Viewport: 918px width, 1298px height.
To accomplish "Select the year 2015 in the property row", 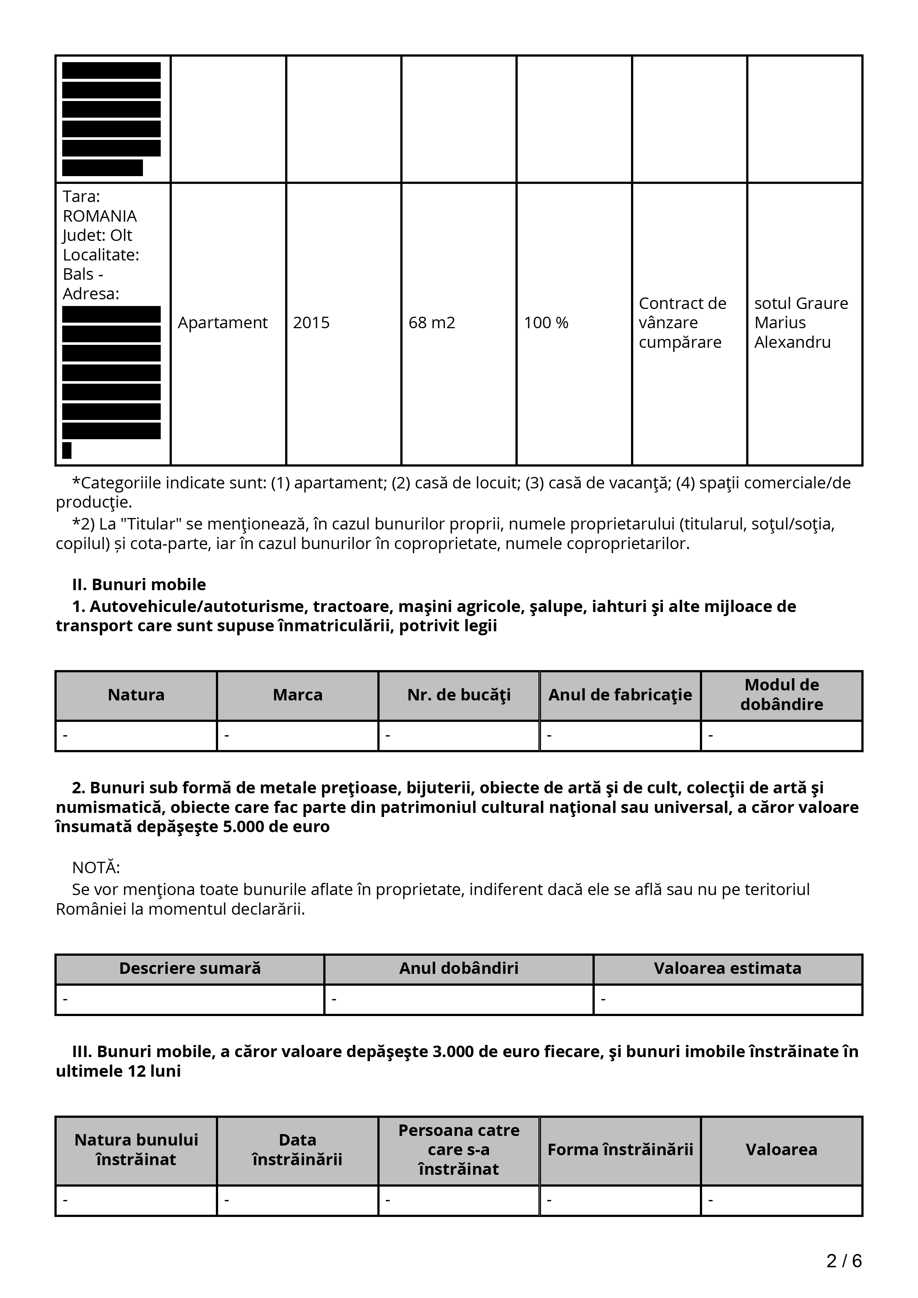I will [311, 323].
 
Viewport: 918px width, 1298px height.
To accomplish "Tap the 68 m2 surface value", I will [431, 323].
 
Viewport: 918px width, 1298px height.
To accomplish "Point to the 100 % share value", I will [546, 323].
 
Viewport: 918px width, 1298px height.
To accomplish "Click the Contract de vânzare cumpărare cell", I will [682, 323].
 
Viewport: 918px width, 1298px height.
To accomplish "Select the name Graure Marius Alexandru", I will [801, 323].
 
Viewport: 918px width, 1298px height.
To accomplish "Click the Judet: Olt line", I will [97, 235].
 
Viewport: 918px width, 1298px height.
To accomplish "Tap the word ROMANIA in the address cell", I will [100, 216].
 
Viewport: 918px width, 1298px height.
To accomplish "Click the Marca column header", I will [297, 695].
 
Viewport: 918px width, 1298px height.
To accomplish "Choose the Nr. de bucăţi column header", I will [459, 695].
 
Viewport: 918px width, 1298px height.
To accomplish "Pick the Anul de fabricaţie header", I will [620, 695].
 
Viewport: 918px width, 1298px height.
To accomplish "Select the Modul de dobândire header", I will [782, 695].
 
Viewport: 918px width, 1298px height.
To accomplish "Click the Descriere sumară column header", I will [190, 968].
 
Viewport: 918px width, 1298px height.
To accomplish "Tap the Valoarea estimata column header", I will [727, 968].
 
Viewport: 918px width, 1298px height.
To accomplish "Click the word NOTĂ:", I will [96, 868].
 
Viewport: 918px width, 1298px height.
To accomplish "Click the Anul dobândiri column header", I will [459, 968].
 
